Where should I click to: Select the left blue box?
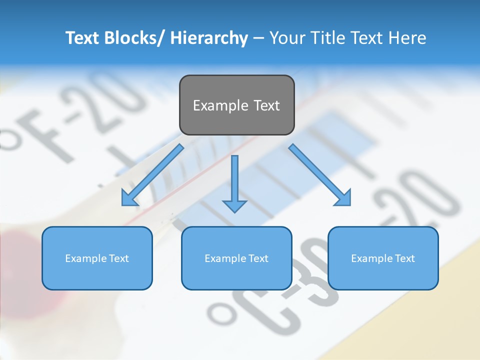click(97, 258)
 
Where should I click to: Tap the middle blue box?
click(236, 258)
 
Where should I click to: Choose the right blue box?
click(383, 258)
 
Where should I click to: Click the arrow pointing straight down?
click(234, 182)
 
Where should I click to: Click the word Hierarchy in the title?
click(209, 38)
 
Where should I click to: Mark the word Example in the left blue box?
click(85, 258)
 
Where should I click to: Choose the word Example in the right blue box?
click(371, 258)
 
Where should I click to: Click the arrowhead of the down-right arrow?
click(343, 198)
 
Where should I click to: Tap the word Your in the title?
click(286, 38)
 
